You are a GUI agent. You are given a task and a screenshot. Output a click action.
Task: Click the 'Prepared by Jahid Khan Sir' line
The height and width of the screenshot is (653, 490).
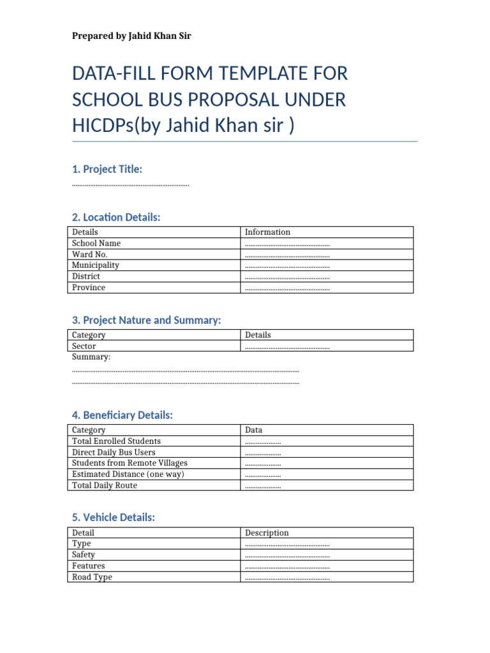coord(131,36)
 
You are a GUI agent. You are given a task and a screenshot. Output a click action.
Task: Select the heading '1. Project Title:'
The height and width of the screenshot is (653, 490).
coord(107,169)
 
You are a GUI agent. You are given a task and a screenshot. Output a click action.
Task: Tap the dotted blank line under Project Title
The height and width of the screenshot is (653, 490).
coord(131,185)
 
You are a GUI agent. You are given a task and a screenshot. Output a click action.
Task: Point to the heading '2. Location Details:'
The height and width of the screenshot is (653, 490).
coord(115,217)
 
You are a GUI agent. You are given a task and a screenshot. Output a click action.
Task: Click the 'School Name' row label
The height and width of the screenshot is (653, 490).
coord(96,243)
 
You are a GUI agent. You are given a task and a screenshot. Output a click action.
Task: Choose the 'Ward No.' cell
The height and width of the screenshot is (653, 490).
coord(90,254)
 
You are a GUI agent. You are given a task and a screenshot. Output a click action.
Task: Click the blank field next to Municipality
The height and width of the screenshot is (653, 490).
coord(287,266)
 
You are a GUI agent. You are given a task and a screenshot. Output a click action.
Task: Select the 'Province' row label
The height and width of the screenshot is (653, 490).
coord(89,288)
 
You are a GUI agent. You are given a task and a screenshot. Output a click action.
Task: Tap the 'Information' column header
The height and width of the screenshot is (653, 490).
coord(267,232)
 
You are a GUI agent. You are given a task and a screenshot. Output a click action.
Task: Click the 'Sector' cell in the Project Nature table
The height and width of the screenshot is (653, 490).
coord(84,346)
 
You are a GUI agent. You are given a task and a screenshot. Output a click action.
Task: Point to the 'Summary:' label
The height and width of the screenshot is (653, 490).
coord(91,357)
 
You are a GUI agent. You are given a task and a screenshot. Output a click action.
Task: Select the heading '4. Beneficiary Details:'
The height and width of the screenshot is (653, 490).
coord(122,415)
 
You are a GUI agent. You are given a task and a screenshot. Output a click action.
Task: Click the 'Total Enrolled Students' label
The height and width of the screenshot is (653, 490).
coord(116,441)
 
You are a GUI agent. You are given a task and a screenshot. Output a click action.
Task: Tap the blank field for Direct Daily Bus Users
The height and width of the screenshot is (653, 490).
coord(263,453)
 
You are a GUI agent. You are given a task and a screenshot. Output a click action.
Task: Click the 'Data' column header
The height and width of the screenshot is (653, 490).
coord(253,430)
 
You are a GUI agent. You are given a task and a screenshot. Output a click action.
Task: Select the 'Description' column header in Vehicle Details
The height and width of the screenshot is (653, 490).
coord(267,533)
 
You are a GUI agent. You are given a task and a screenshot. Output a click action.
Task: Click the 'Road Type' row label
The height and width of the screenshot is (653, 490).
coord(92,577)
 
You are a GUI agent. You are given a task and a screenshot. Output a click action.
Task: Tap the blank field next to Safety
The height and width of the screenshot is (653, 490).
coord(287,555)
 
